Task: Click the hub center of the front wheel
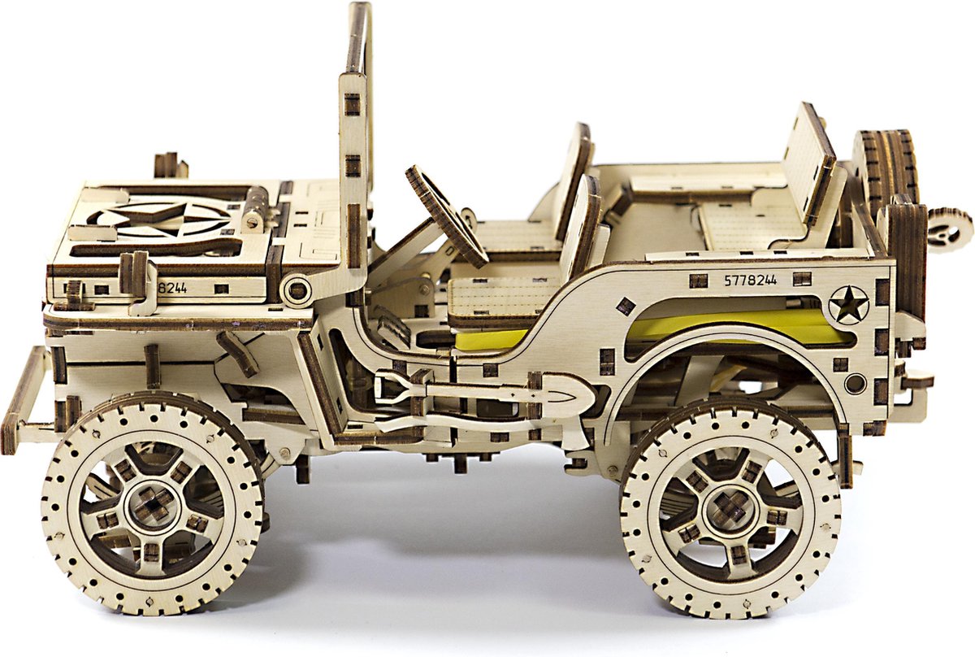coord(151,506)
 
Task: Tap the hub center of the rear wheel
coord(730,506)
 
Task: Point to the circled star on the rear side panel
coord(848,305)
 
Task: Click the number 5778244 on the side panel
coord(750,280)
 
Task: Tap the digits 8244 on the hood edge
coord(172,287)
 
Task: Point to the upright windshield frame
coord(356,146)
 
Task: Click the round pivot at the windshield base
coord(297,289)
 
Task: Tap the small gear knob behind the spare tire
coord(949,228)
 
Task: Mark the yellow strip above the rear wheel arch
coord(731,325)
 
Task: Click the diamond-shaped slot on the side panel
coord(625,307)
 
